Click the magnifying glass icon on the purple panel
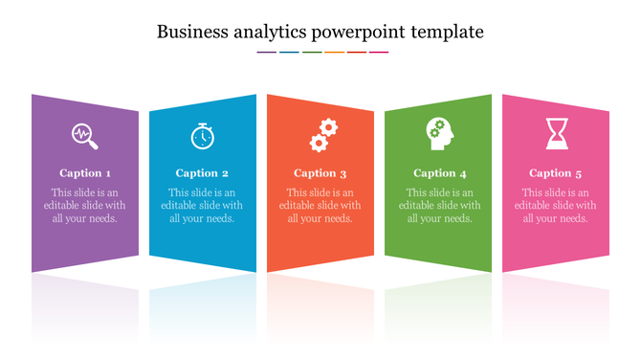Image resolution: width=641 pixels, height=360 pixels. (85, 137)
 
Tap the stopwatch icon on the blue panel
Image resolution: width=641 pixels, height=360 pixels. (202, 137)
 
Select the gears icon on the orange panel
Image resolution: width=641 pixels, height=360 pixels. (322, 135)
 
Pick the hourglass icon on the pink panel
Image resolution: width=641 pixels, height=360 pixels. (557, 133)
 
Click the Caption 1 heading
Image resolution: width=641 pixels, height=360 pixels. (85, 173)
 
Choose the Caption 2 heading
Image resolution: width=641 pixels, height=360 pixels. (202, 173)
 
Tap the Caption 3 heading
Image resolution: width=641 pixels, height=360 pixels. (320, 173)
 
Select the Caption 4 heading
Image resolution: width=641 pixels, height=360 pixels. (440, 173)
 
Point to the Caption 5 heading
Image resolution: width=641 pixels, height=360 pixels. (556, 173)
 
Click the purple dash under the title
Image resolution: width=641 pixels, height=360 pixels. (267, 52)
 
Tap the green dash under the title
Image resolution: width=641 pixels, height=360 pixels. (312, 52)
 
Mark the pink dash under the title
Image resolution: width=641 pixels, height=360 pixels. (379, 52)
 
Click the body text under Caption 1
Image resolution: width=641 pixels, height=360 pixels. (85, 205)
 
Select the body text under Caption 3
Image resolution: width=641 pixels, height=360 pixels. (320, 205)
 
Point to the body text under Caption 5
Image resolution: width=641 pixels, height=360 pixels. (556, 205)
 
